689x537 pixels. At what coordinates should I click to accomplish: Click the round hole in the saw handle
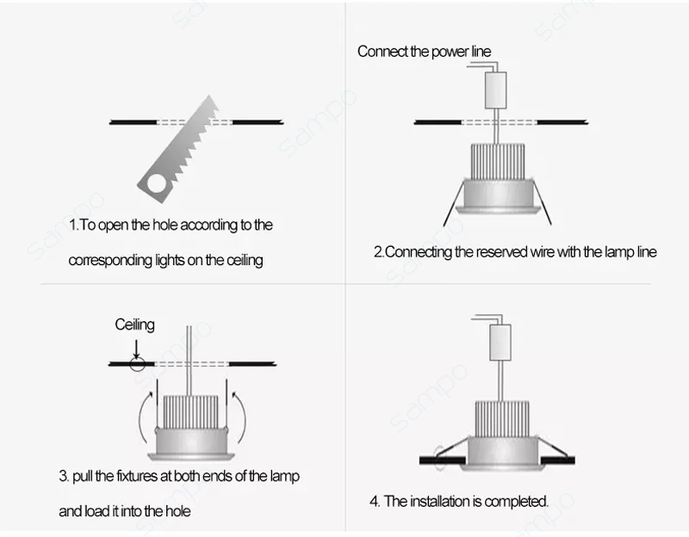coord(157,183)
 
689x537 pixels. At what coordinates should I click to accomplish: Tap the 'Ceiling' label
coord(134,324)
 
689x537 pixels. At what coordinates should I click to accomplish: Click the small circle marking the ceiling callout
coord(137,363)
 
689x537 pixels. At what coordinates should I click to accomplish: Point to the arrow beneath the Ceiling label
coord(137,349)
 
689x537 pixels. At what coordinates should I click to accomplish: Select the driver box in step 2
coord(496,90)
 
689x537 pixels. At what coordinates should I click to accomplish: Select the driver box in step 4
coord(500,343)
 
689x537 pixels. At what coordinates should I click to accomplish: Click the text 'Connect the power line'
coord(424,52)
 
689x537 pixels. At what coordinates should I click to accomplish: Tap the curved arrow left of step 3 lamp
coord(146,417)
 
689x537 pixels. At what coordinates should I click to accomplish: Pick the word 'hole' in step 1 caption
coord(164,225)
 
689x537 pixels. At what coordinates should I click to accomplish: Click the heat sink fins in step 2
coord(498,161)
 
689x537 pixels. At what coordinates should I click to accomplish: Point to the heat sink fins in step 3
coord(190,412)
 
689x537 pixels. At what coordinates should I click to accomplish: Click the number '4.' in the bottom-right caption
coord(375,501)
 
